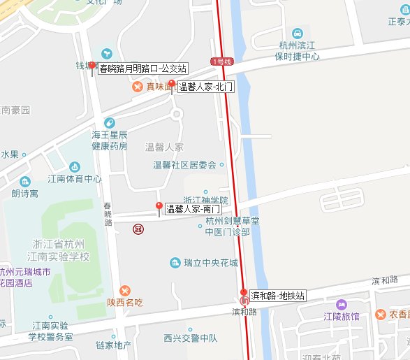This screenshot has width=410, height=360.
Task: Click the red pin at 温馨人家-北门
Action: [x=173, y=85]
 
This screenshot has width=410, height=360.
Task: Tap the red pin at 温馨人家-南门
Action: [x=159, y=206]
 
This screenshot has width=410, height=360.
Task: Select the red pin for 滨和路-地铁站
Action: [x=243, y=293]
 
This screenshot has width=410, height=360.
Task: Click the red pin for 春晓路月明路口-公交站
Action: [x=92, y=66]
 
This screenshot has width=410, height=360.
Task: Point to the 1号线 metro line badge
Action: [x=220, y=62]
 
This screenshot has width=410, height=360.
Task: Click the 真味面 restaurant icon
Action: [x=138, y=87]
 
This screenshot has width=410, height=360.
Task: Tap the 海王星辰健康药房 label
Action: [x=110, y=141]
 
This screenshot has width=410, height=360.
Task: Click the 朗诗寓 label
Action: [x=25, y=194]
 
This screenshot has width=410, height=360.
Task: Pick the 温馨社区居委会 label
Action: [x=184, y=165]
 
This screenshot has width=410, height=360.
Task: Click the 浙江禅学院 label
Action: [x=206, y=200]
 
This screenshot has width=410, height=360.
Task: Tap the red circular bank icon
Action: [x=139, y=228]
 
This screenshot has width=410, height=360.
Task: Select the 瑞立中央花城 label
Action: [x=210, y=263]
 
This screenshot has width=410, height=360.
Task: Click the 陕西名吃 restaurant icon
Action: [x=125, y=290]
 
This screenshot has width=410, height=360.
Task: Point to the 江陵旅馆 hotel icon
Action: [x=342, y=305]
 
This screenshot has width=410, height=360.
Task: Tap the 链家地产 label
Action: [x=114, y=345]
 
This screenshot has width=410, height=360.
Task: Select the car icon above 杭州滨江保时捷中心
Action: [x=298, y=33]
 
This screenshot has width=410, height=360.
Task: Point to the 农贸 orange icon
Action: [x=381, y=315]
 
